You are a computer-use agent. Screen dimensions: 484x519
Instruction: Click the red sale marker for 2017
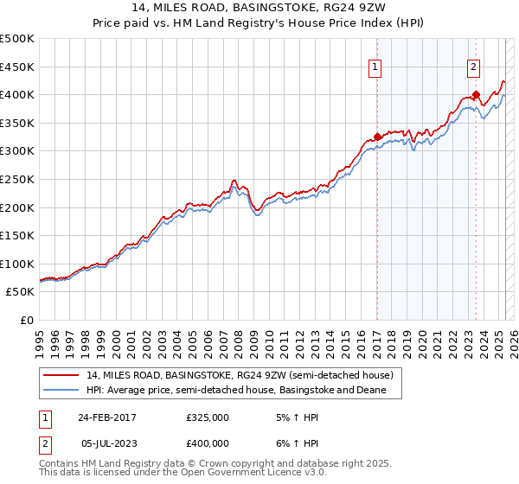pyautogui.click(x=378, y=137)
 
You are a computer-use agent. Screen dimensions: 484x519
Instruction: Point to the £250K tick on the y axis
pyautogui.click(x=17, y=179)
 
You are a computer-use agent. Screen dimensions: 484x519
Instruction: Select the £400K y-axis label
pyautogui.click(x=17, y=94)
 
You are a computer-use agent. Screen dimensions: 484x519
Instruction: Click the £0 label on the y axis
pyautogui.click(x=28, y=320)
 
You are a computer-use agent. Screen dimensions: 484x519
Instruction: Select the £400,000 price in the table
pyautogui.click(x=208, y=443)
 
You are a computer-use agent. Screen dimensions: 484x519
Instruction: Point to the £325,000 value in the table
pyautogui.click(x=208, y=417)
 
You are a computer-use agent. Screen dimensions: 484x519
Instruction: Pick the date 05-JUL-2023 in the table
pyautogui.click(x=106, y=443)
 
